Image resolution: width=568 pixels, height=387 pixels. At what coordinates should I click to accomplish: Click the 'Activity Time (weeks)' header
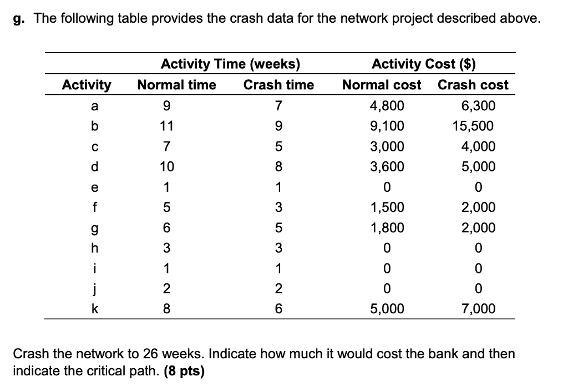click(230, 64)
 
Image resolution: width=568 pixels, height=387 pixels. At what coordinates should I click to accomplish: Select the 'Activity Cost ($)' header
click(423, 64)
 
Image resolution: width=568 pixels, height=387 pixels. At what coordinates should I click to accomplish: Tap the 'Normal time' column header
click(176, 85)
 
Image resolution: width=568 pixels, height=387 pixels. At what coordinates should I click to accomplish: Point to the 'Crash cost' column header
click(473, 85)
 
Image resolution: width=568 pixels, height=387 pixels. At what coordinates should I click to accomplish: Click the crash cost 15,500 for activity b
click(473, 126)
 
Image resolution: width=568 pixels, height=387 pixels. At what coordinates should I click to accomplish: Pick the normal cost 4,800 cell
click(387, 106)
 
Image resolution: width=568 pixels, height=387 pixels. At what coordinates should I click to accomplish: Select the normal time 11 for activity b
click(166, 126)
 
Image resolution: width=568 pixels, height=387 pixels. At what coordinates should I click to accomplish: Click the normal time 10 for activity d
click(166, 166)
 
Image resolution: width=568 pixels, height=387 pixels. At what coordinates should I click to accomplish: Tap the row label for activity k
click(94, 308)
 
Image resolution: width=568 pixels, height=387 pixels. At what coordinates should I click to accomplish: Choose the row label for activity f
click(94, 207)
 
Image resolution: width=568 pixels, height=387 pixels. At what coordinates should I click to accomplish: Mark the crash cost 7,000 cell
click(478, 309)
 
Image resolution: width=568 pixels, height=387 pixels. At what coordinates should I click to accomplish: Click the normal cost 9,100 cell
click(387, 126)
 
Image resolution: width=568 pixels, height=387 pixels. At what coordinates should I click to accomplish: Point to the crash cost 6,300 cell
click(478, 106)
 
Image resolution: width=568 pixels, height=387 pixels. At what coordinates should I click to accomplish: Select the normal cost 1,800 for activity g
click(387, 228)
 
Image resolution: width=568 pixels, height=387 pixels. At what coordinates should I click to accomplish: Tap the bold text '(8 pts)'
click(184, 371)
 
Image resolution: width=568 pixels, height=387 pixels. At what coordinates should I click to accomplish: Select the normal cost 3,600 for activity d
click(387, 166)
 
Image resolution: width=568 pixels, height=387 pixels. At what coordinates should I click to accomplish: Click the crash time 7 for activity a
click(278, 106)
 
